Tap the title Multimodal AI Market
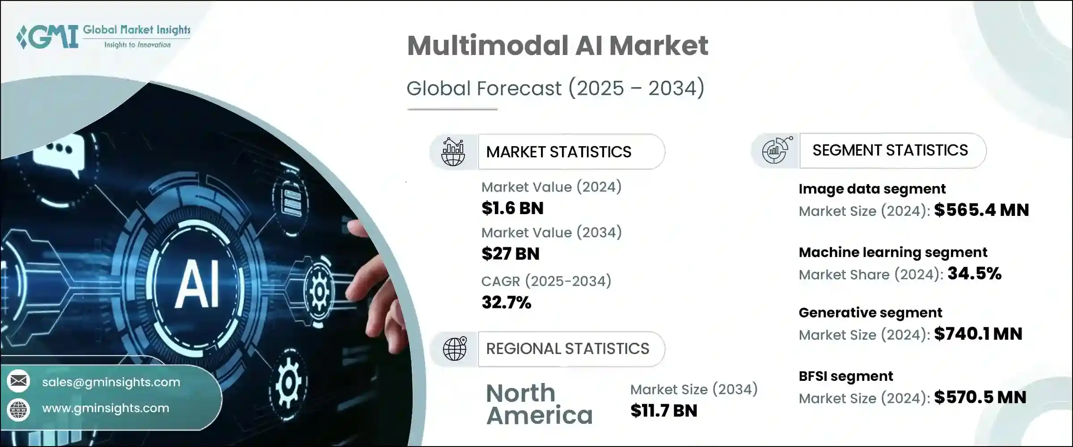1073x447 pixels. pos(558,46)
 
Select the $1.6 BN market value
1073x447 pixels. pos(512,208)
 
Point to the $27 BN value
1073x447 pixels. pos(511,254)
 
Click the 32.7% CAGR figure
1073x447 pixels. pos(506,303)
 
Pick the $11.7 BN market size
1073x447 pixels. pos(663,411)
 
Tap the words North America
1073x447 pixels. pos(539,404)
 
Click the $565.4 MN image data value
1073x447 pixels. pos(981,210)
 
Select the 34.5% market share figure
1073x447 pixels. pos(974,274)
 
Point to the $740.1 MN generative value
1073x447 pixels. pos(978,334)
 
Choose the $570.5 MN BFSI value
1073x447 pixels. pos(980,397)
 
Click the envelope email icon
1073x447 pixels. pos(18,381)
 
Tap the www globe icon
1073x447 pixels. pos(18,409)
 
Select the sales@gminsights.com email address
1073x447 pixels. pos(111,382)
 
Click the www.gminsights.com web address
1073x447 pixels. pos(106,408)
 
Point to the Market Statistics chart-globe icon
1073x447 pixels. pos(453,152)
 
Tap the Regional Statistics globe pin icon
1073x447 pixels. pos(455,349)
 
